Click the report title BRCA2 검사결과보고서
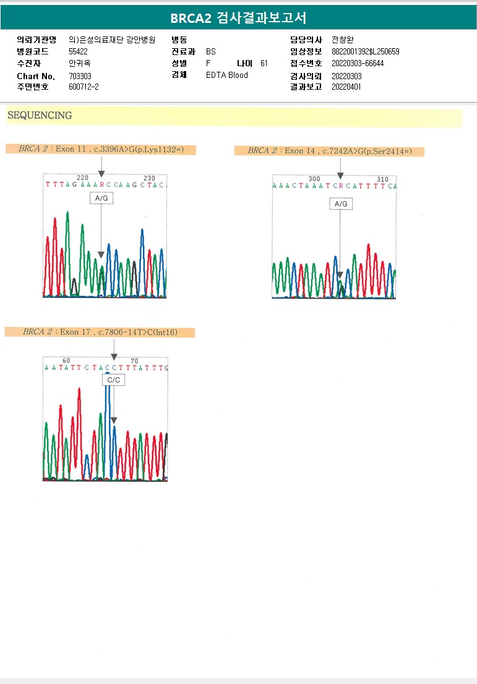coord(238,18)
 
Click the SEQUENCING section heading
coord(40,116)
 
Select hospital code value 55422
coord(79,52)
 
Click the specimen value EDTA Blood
coord(226,75)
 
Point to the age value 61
coord(264,63)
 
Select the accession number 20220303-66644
coord(358,64)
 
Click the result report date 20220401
coord(346,87)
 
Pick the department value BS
coord(211,52)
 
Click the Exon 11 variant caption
coord(101,149)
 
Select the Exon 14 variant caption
coord(329,151)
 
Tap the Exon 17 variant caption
coord(100,332)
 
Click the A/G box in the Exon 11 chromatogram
coord(100,199)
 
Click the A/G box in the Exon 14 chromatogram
coord(341,203)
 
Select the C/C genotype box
coord(114,380)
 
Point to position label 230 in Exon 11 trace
coord(149,178)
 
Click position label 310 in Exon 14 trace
coord(382,179)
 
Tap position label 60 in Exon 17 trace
coord(66,361)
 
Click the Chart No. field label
coord(36,76)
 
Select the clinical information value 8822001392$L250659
coord(366,52)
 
